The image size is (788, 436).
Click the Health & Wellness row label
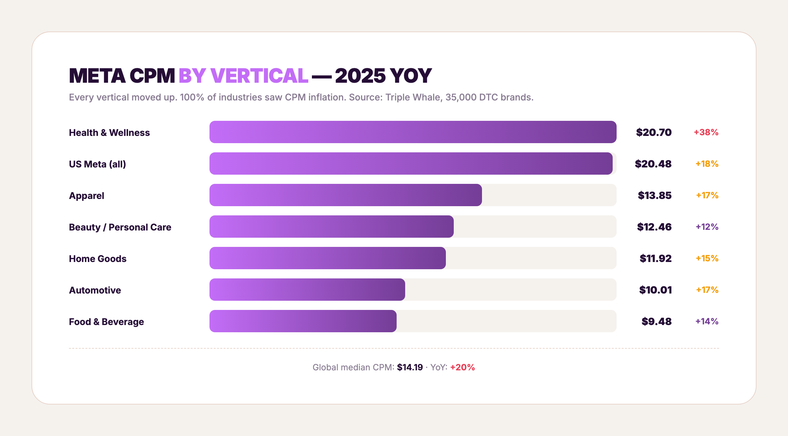tap(109, 133)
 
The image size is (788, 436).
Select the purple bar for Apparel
tap(345, 195)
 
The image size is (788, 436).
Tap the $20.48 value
tap(653, 164)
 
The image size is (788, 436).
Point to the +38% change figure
tap(706, 132)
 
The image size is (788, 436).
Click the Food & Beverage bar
tap(303, 321)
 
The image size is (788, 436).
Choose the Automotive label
tap(95, 290)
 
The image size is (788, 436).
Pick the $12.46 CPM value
tap(654, 227)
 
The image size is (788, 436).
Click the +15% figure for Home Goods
tap(707, 258)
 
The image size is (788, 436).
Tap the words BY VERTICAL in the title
tap(243, 76)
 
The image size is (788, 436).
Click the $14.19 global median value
tap(410, 367)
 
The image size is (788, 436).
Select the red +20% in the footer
tap(462, 367)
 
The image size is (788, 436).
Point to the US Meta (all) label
tap(98, 164)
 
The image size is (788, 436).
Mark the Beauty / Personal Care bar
tap(332, 227)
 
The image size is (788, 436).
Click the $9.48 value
tap(656, 321)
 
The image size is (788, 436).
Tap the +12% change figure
tap(707, 227)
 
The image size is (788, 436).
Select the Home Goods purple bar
tap(327, 258)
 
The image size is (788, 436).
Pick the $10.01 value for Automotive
tap(655, 290)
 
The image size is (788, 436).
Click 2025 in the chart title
tap(360, 76)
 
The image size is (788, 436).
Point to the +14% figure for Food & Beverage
tap(707, 321)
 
